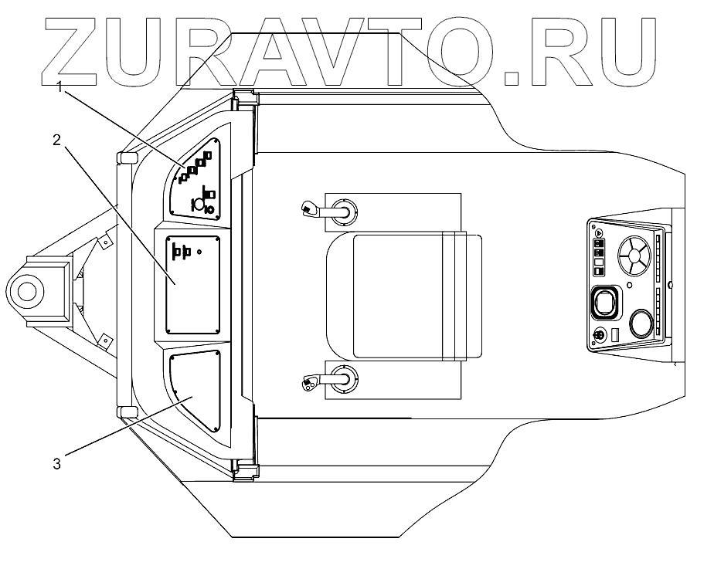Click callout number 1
tap(59, 87)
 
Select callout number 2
tap(56, 139)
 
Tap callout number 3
tap(56, 463)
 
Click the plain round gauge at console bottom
tap(642, 323)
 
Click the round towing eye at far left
tap(25, 291)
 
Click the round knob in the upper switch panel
tap(197, 205)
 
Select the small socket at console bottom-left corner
tap(597, 336)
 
